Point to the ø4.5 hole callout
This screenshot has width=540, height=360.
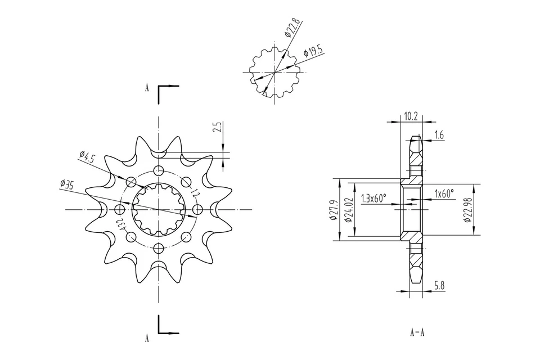pos(87,156)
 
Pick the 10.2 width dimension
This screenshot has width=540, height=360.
pos(411,116)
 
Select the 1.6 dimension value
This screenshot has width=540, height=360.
pos(439,136)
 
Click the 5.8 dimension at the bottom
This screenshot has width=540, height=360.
pos(439,286)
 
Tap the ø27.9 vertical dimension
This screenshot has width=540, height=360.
pos(333,210)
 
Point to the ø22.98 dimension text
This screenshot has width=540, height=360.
pos(467,209)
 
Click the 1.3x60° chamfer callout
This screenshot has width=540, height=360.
pos(373,198)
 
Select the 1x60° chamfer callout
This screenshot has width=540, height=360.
pos(444,193)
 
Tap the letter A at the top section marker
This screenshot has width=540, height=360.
pos(147,88)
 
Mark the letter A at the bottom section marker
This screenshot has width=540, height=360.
pos(147,338)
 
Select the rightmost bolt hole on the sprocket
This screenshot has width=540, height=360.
pos(197,209)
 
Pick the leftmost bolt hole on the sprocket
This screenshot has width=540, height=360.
pos(119,209)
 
